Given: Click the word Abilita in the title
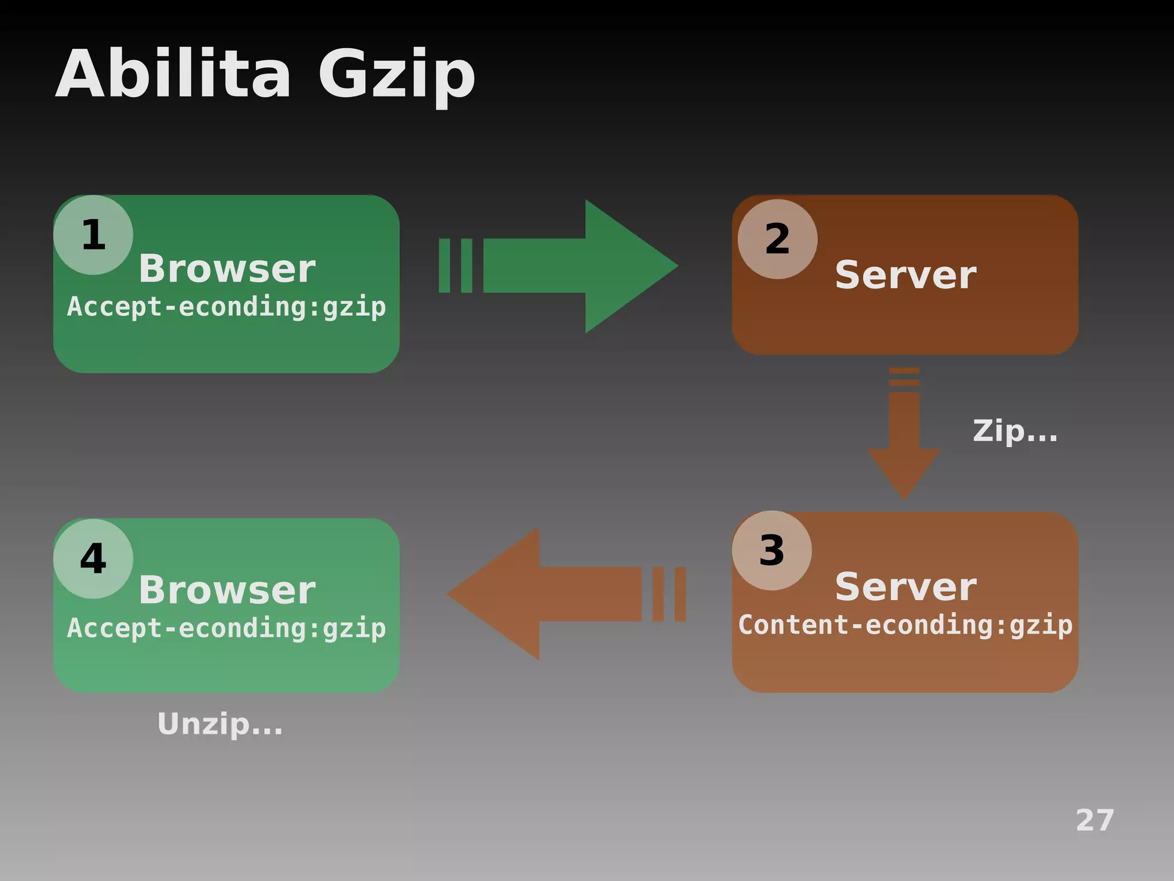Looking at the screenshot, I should coord(172,75).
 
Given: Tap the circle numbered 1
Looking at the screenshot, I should coord(93,235).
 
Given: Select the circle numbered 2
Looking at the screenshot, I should coord(777,239).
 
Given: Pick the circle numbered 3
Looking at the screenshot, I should coord(772,550).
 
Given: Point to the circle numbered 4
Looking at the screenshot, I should coord(93,559).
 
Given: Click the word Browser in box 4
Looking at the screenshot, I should coord(227,590).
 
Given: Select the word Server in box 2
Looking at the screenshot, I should coord(906,275).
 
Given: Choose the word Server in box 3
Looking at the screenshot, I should coord(906,587).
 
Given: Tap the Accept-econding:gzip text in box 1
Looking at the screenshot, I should coord(226,307).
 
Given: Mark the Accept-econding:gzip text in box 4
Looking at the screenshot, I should coord(226,628).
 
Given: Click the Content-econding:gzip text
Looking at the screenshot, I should coord(905,625).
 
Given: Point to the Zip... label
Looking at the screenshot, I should coord(1015,431).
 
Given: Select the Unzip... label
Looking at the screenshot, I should coord(220,725).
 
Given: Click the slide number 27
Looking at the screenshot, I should coord(1095,820).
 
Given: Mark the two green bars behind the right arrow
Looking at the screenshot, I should coord(456,266).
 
